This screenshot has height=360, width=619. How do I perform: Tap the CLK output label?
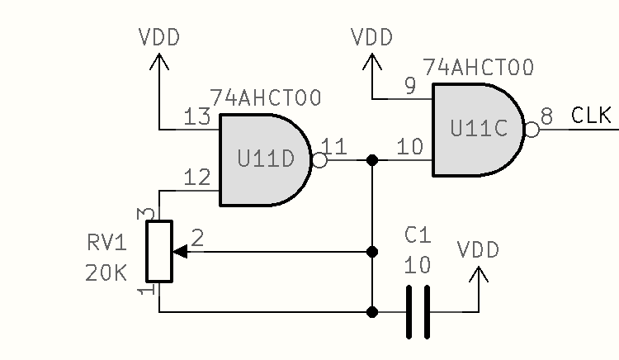click(592, 116)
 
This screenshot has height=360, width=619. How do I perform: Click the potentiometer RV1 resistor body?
click(158, 251)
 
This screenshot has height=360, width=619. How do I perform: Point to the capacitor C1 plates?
click(418, 311)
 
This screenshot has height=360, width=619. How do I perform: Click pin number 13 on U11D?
click(197, 117)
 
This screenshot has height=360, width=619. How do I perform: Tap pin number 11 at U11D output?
click(334, 147)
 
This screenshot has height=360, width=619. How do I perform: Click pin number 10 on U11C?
click(409, 147)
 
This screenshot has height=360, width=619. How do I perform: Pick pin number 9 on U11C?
click(409, 86)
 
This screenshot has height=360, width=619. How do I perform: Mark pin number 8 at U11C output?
click(546, 116)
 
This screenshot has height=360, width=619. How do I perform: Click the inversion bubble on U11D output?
click(319, 160)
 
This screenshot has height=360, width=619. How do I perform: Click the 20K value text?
click(106, 272)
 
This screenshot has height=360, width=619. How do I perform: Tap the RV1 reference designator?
click(106, 244)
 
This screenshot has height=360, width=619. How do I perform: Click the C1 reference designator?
click(418, 237)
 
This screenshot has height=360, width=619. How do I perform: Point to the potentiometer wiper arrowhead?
click(180, 251)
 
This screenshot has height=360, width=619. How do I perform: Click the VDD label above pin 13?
click(159, 38)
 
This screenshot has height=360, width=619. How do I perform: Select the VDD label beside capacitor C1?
click(479, 250)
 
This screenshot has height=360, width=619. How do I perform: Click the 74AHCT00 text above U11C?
click(478, 67)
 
